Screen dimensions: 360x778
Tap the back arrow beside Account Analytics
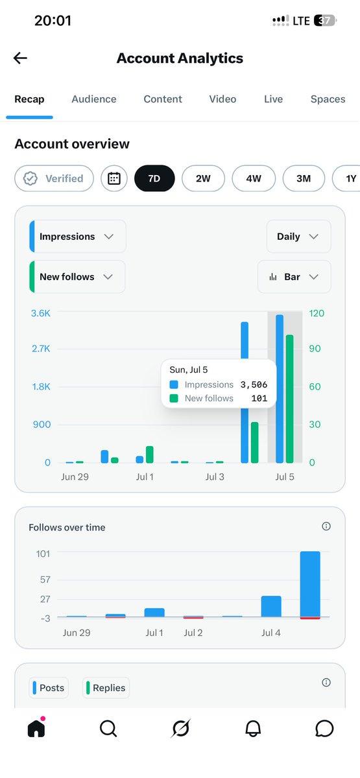click(20, 58)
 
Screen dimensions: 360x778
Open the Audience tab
click(94, 99)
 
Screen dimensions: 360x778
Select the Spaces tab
click(328, 99)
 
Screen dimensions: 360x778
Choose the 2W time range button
click(203, 178)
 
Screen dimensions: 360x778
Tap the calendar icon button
click(114, 178)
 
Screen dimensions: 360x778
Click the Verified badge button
click(54, 178)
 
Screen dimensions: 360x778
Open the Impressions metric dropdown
click(78, 237)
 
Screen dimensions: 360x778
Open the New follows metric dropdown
click(77, 277)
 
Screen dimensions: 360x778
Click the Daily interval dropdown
click(298, 237)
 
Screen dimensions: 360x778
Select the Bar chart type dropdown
click(294, 277)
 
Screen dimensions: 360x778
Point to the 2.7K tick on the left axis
click(41, 348)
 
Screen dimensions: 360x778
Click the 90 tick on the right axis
click(315, 348)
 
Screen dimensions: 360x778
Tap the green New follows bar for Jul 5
click(289, 399)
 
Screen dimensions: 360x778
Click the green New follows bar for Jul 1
click(150, 454)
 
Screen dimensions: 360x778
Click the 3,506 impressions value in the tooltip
click(254, 384)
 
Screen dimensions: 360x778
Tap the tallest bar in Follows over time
click(310, 585)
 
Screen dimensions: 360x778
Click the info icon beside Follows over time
click(326, 526)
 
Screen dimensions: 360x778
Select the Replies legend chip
click(106, 688)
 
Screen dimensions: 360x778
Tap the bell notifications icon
click(252, 728)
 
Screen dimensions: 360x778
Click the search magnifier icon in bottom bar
click(108, 728)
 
